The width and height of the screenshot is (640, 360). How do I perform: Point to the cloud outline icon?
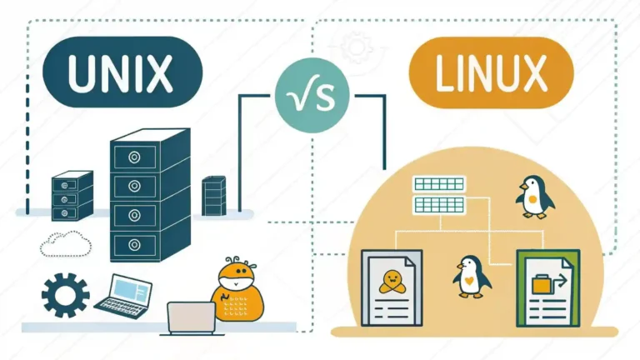click(x=64, y=243)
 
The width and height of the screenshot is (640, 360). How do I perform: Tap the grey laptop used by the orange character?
click(x=192, y=317)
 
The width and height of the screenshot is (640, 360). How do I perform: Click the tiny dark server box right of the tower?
click(x=213, y=193)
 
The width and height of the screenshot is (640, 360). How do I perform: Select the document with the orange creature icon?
click(x=391, y=290)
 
